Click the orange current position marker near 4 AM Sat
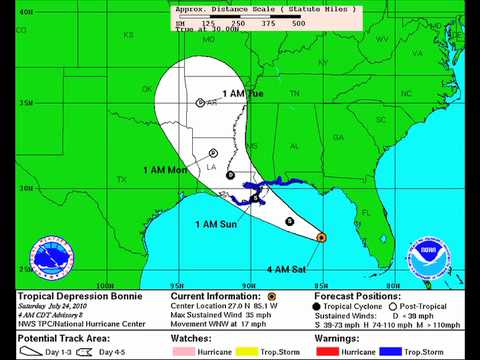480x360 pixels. (x=321, y=238)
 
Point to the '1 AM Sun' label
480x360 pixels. (x=215, y=223)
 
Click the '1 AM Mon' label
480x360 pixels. (x=166, y=170)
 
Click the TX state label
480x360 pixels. (x=122, y=180)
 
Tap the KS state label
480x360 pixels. (x=128, y=35)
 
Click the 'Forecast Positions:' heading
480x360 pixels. (x=357, y=297)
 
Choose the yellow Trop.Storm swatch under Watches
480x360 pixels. (x=246, y=353)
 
